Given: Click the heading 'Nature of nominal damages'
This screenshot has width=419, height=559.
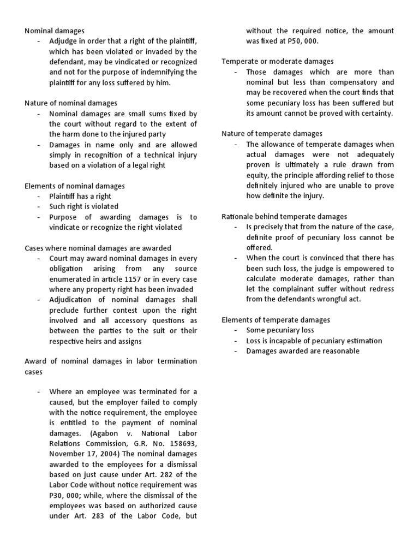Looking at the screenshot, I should pyautogui.click(x=71, y=103).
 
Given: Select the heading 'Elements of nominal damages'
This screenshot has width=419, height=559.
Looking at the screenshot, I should pyautogui.click(x=75, y=186).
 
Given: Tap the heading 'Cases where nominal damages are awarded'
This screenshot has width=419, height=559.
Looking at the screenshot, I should pyautogui.click(x=98, y=248).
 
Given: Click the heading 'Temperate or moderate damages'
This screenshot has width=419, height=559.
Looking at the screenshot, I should pyautogui.click(x=278, y=62).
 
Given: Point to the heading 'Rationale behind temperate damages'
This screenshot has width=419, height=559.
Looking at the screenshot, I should pyautogui.click(x=284, y=217).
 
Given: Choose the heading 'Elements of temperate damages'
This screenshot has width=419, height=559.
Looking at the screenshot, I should pyautogui.click(x=276, y=320).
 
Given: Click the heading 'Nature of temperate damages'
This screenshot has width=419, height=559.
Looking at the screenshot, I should pyautogui.click(x=272, y=134).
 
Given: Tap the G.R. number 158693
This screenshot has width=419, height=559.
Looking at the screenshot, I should pyautogui.click(x=178, y=444).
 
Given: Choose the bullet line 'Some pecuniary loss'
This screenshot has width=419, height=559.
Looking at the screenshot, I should pyautogui.click(x=280, y=330).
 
